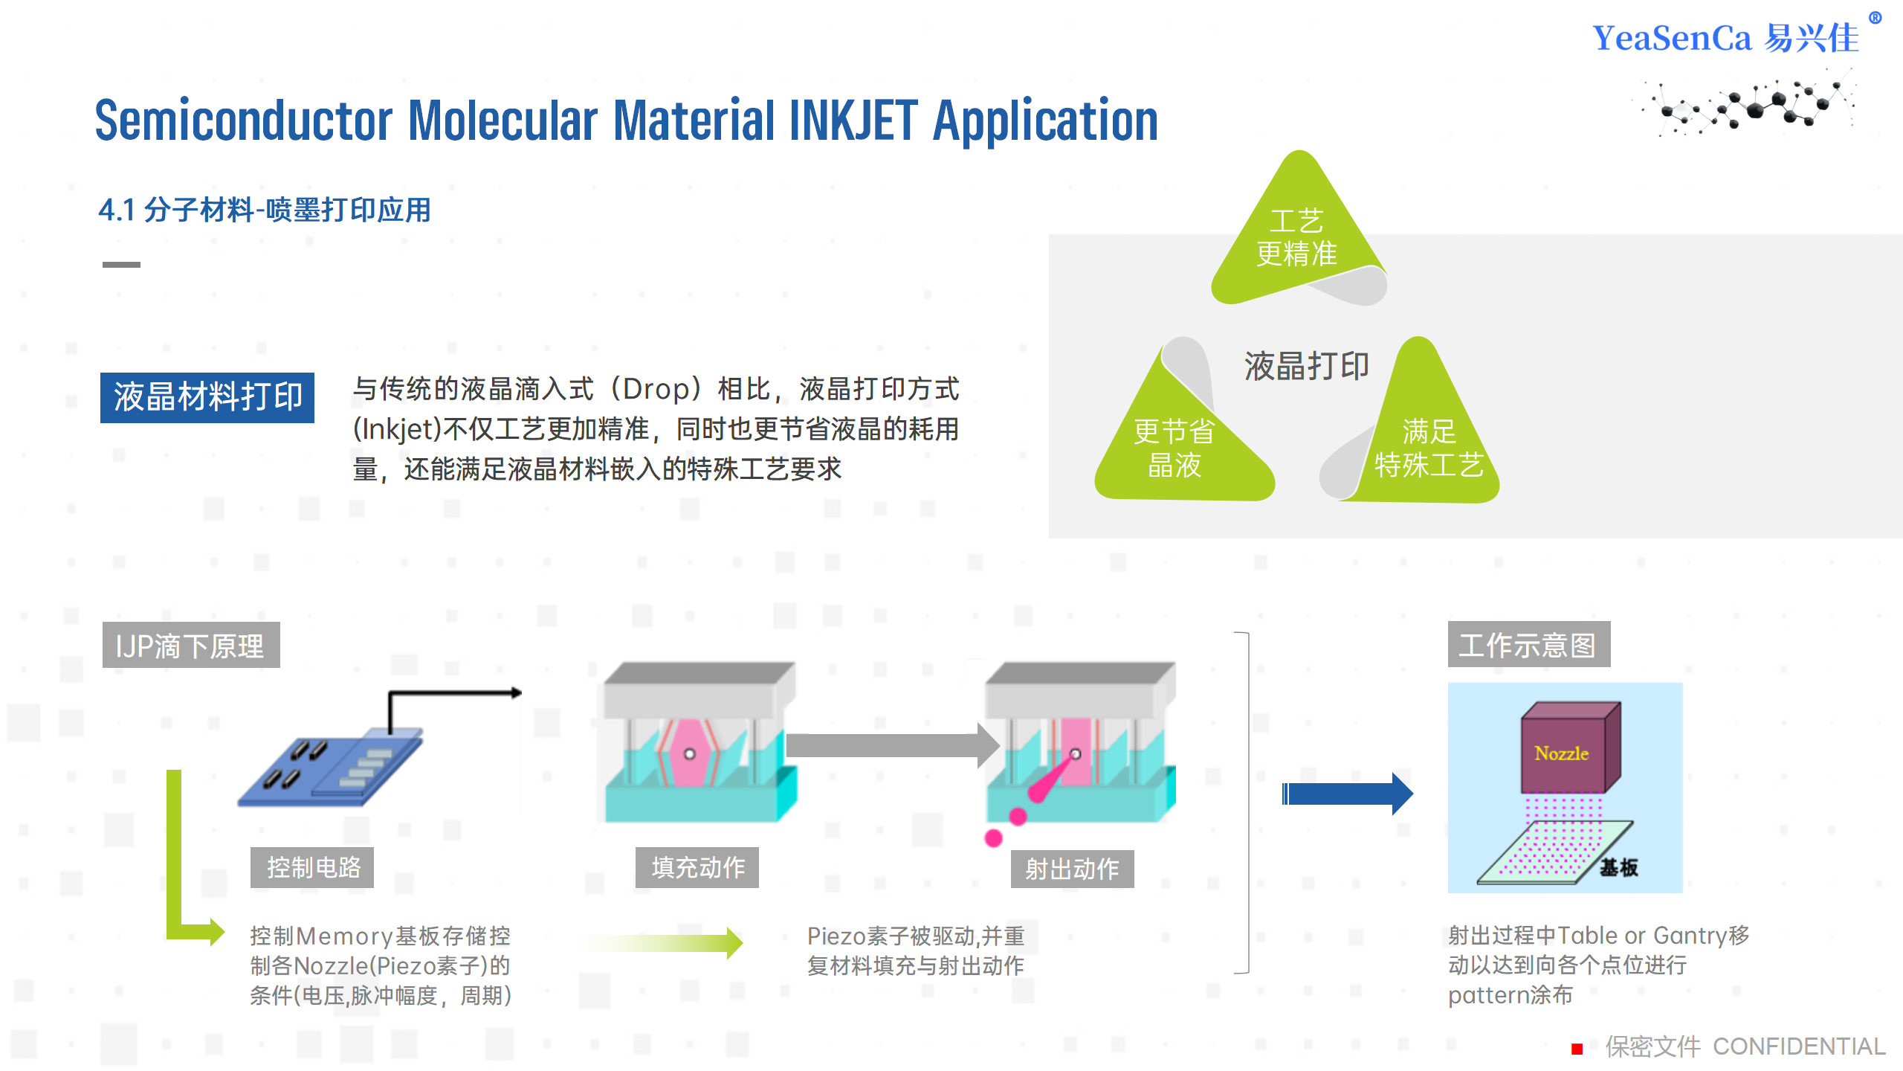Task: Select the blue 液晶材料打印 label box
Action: pyautogui.click(x=207, y=397)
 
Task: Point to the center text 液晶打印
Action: pyautogui.click(x=1306, y=367)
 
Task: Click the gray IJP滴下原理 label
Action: pyautogui.click(x=191, y=646)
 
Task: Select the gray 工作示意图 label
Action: pyautogui.click(x=1528, y=645)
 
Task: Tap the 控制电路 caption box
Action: pyautogui.click(x=312, y=867)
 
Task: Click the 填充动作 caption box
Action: pyautogui.click(x=697, y=867)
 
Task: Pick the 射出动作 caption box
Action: pyautogui.click(x=1072, y=869)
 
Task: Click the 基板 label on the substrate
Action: pyautogui.click(x=1618, y=867)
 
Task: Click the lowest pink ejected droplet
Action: pyautogui.click(x=993, y=838)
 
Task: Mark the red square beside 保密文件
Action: pyautogui.click(x=1577, y=1049)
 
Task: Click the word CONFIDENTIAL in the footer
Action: pyautogui.click(x=1799, y=1046)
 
